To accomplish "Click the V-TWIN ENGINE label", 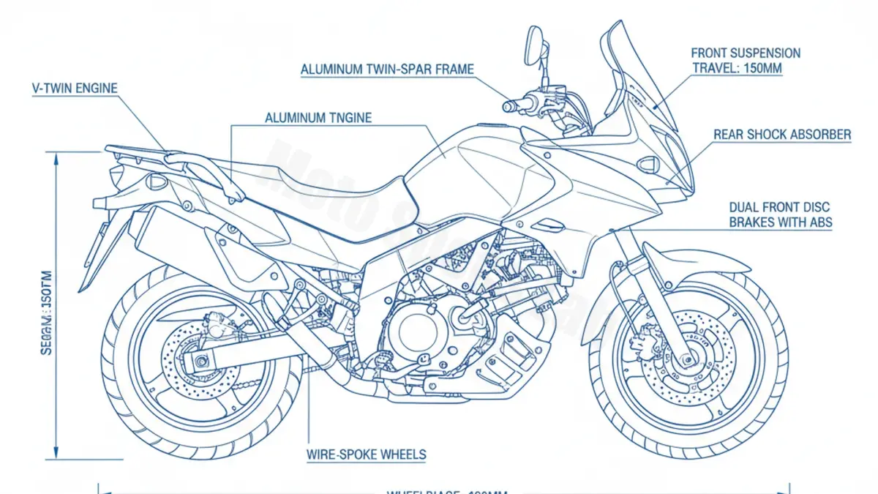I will coord(74,88).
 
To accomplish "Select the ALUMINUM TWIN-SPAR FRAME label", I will coord(387,70).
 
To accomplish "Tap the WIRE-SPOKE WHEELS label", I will coord(366,454).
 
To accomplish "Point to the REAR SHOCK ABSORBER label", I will coord(782,135).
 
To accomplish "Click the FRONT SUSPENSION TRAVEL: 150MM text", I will coord(746,60).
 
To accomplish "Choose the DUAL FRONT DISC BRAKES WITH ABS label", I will coord(780,215).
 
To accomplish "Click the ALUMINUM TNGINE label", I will coord(318,117).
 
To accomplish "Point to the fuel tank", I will coord(468,168).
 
